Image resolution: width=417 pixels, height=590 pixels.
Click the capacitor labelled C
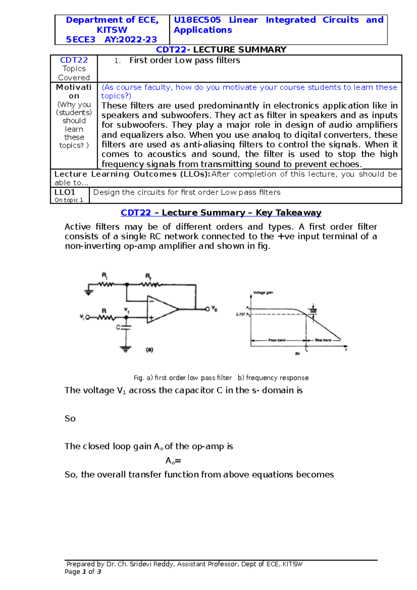(x=126, y=327)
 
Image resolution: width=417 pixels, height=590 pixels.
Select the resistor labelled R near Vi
(x=106, y=317)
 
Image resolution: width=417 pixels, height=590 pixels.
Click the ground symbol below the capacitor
(x=126, y=349)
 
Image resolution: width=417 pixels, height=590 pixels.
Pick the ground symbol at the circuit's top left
(x=89, y=291)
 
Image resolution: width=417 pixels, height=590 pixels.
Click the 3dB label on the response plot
(x=313, y=311)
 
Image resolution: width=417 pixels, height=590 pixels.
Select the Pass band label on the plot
(x=277, y=340)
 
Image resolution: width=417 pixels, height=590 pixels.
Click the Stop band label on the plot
(x=323, y=340)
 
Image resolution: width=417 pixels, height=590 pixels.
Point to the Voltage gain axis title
(x=263, y=293)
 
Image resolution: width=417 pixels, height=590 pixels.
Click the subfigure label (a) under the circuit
(x=149, y=350)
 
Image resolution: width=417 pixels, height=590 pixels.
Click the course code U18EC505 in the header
(x=197, y=20)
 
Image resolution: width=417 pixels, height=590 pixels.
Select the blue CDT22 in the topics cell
(x=74, y=60)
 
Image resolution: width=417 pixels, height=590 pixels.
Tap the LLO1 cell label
(x=65, y=192)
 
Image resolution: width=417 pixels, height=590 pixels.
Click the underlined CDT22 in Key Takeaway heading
(x=136, y=213)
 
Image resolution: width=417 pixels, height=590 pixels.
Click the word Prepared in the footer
(x=81, y=564)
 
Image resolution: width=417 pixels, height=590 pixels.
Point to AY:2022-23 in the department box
(x=131, y=40)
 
